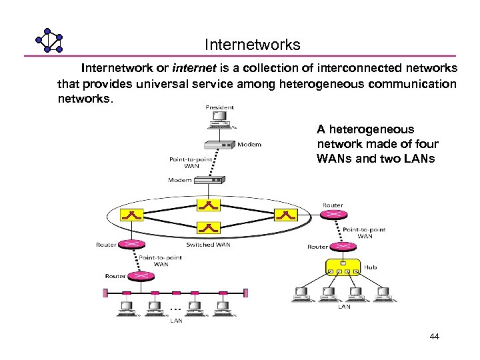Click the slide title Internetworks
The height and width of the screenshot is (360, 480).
(253, 45)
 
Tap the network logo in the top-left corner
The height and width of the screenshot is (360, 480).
(49, 41)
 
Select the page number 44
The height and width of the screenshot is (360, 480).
(434, 337)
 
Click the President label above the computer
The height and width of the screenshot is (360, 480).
(219, 107)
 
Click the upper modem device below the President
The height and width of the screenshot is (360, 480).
(219, 145)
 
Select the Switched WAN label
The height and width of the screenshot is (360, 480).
(209, 245)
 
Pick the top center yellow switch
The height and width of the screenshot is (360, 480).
(208, 205)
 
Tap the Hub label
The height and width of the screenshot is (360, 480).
(371, 267)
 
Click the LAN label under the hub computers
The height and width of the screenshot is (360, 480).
(344, 307)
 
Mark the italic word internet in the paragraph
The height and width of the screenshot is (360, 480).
(192, 68)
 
